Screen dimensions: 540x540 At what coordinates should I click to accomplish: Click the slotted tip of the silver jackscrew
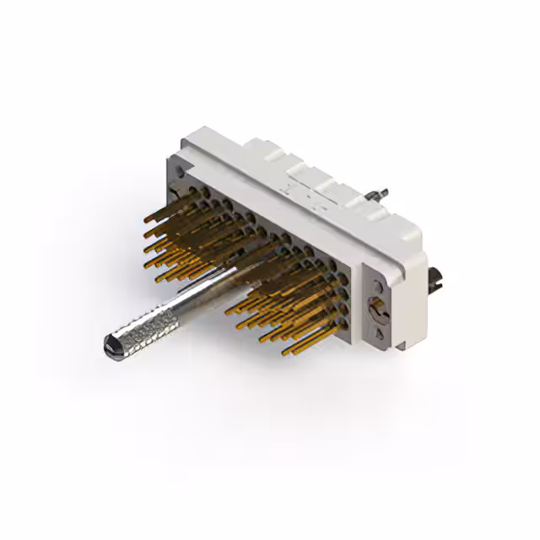pos(111,343)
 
